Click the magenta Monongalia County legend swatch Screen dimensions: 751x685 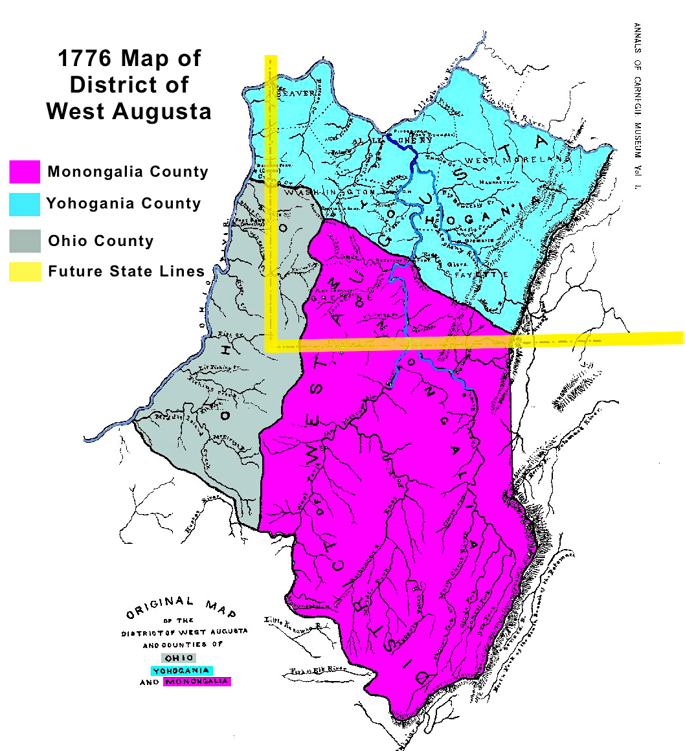(x=25, y=172)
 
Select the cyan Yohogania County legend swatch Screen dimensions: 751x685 (x=25, y=203)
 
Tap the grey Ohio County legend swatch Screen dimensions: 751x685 (x=25, y=241)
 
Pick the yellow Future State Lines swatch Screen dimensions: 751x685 (x=25, y=271)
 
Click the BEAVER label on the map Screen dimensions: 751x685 (x=296, y=93)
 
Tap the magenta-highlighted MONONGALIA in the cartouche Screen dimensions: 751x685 (x=198, y=682)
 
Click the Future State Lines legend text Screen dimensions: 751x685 (x=126, y=271)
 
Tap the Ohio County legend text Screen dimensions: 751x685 (x=101, y=241)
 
